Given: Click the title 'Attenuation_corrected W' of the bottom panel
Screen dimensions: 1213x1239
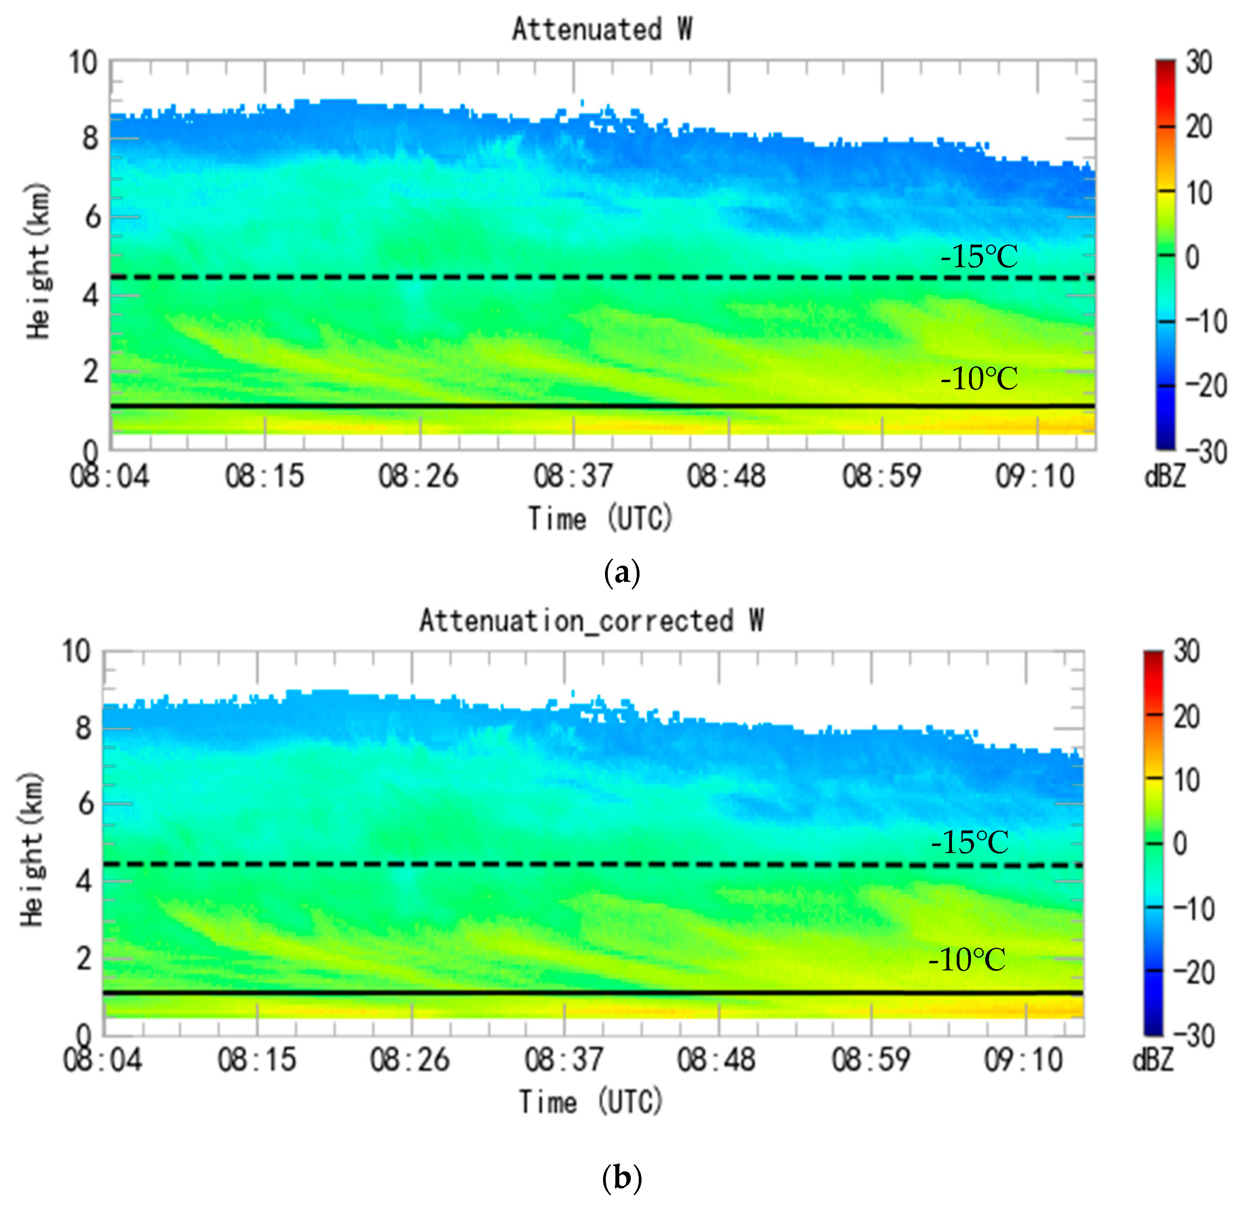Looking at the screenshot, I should [591, 620].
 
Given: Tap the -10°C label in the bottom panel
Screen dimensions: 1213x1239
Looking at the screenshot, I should [967, 959].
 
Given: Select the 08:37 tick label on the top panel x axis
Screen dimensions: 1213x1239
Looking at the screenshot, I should [573, 476].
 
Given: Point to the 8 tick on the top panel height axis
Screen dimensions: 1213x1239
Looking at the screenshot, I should [90, 138].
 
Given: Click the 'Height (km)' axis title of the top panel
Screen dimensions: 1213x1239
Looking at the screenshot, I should [38, 261].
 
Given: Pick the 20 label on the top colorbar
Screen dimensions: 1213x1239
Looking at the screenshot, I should [1198, 127].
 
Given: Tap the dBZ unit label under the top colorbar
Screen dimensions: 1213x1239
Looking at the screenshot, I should [1165, 476].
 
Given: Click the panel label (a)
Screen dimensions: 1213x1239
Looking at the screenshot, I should [621, 573].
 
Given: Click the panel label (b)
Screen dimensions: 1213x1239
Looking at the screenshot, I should [621, 1179].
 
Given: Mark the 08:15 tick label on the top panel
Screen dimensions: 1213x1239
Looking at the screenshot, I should [264, 476].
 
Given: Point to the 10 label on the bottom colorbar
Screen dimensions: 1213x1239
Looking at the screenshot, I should [1187, 780].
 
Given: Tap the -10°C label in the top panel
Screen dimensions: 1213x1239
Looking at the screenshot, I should [979, 379].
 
